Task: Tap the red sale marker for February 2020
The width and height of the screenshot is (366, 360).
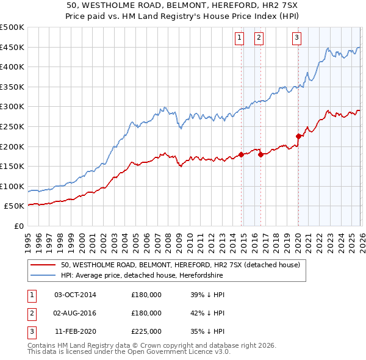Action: point(298,137)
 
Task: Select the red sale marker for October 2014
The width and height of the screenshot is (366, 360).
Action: point(241,154)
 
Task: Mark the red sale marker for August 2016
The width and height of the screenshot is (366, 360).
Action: point(261,154)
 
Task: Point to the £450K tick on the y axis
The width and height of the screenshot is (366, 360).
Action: point(12,48)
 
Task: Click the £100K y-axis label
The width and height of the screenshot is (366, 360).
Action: point(12,186)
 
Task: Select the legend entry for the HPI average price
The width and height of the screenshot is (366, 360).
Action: point(142,276)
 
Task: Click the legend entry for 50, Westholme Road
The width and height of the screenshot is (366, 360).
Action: point(180,265)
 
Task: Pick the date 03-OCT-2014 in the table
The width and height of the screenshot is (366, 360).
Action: point(75,295)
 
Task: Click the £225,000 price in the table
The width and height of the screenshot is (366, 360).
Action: point(146,331)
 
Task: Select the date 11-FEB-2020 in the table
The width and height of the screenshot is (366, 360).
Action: point(75,331)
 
